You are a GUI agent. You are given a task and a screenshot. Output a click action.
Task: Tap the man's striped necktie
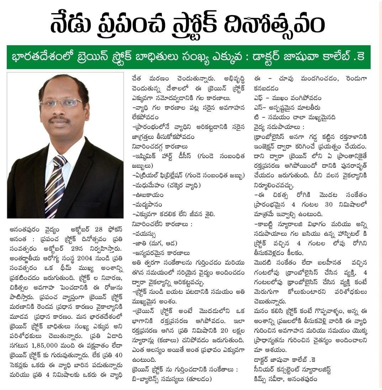click(55, 185)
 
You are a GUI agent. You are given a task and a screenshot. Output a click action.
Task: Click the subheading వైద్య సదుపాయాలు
click(276, 127)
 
